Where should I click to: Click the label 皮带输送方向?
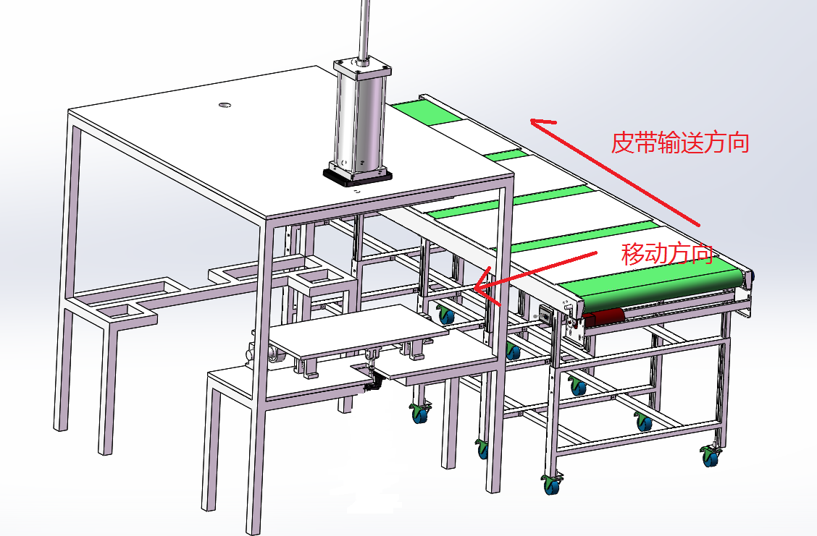coord(680,142)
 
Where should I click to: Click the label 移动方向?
coord(667,255)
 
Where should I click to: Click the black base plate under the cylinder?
coord(358,176)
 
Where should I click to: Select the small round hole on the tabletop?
coord(225,106)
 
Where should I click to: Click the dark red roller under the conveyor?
coord(604,317)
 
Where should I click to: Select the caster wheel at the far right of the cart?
coord(711,456)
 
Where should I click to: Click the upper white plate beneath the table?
coord(359,330)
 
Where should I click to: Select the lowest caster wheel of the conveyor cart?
coord(552,485)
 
